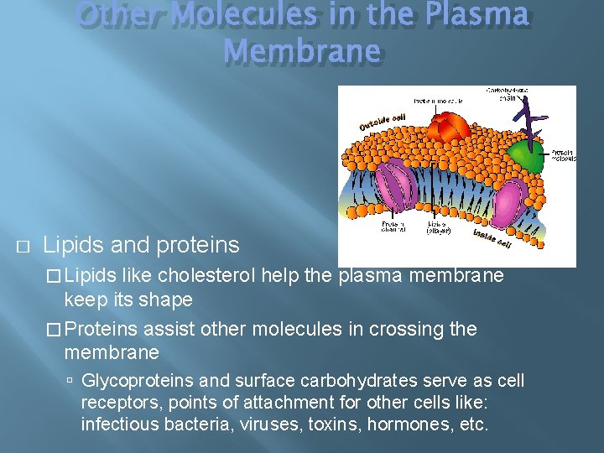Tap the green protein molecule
coord(528,155)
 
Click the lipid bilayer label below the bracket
coord(439,227)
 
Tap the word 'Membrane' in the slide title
coord(302,51)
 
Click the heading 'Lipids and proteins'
coord(141,245)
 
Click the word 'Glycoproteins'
coord(133,381)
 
